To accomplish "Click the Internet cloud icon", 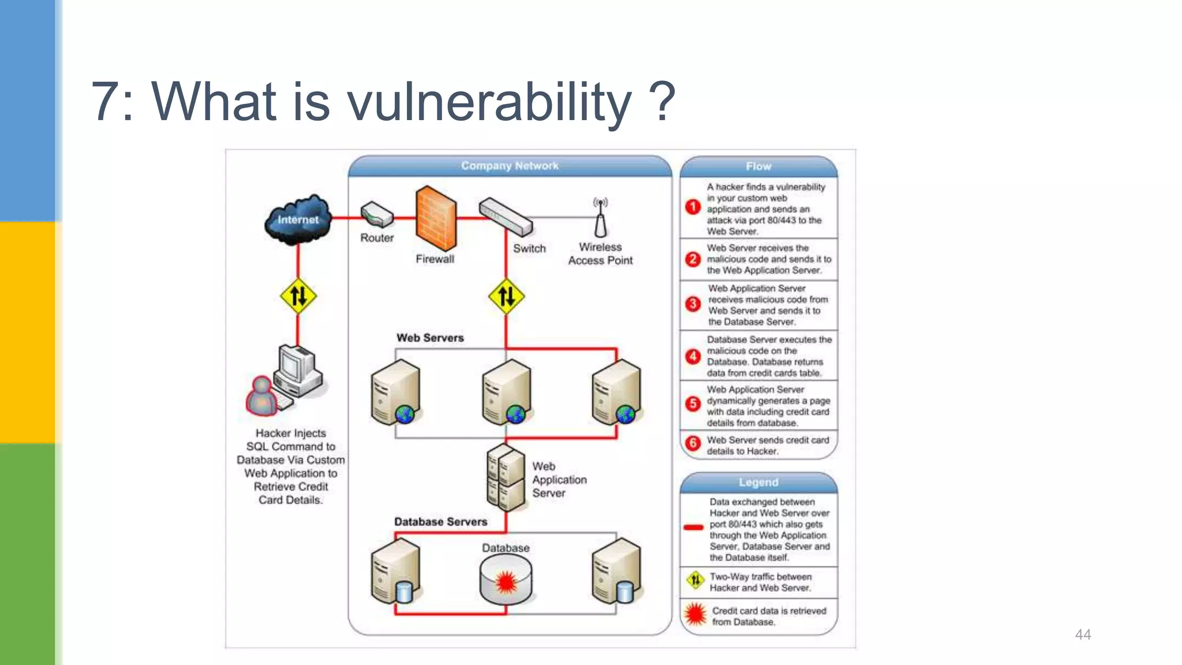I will [298, 219].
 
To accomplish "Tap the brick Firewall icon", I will [436, 218].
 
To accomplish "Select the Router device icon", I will [377, 215].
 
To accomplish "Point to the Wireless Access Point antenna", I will [600, 218].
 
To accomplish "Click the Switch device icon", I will [506, 216].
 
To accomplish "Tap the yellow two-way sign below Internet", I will [298, 296].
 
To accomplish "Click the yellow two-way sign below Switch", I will [506, 296].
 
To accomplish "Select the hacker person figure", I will [262, 397].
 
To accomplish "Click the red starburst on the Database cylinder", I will [506, 582].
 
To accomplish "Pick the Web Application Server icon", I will [506, 478].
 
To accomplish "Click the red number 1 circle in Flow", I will [693, 207].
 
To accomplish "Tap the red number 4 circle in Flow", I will [693, 356].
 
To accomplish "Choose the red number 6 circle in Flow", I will [693, 443].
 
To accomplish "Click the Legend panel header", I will [758, 483].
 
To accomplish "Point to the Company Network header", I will [510, 166].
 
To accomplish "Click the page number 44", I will [1083, 634].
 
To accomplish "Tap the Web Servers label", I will [430, 338].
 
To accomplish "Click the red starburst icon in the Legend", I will [695, 614].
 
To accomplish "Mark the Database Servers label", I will [440, 521].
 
